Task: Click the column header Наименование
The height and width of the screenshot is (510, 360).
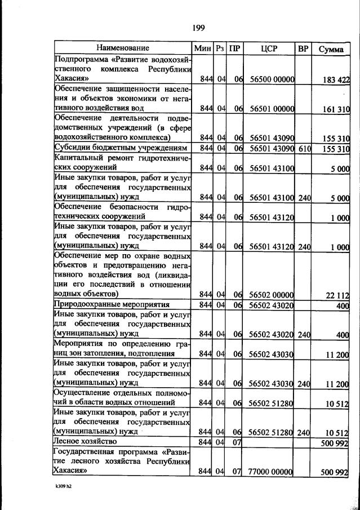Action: (122, 48)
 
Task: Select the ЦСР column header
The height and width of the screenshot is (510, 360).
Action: (269, 48)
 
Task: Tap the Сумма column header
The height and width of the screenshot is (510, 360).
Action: (331, 48)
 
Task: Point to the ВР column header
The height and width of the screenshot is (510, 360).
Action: (303, 48)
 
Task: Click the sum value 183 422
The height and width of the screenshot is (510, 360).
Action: (336, 79)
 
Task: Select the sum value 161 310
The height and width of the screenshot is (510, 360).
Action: (336, 108)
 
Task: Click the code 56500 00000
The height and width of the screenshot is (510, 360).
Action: (272, 79)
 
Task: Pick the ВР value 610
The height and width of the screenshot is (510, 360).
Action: (304, 148)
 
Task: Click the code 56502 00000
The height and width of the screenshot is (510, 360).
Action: (272, 295)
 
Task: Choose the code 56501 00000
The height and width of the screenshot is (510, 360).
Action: (272, 108)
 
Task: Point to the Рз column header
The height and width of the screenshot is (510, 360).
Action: (220, 48)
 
